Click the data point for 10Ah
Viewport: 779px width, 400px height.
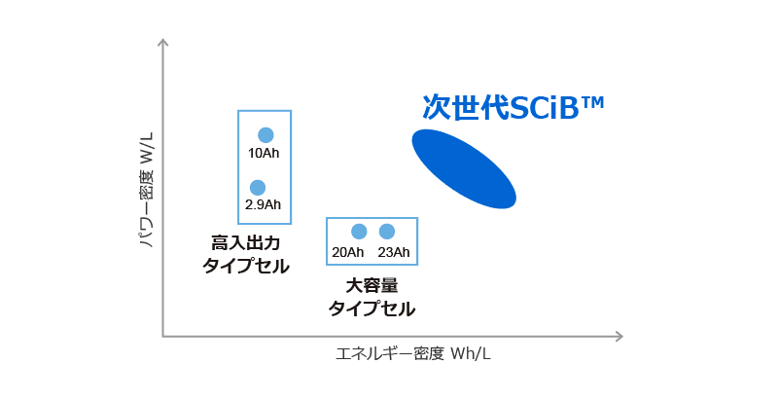click(266, 135)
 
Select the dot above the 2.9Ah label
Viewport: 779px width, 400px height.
click(258, 187)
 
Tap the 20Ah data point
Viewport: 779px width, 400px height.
click(359, 232)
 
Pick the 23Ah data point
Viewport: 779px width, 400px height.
click(386, 232)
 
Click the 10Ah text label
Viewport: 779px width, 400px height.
click(264, 153)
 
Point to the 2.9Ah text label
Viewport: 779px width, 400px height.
click(263, 204)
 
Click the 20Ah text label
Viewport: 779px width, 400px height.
click(348, 252)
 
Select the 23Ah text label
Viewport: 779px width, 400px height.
click(394, 252)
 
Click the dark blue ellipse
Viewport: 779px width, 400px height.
click(464, 168)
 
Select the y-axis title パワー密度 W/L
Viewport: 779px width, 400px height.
click(147, 190)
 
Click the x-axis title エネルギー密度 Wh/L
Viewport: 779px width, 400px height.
click(413, 354)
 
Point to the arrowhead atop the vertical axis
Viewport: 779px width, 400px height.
click(162, 42)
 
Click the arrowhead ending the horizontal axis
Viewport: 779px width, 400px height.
click(620, 337)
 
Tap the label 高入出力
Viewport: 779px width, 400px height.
click(245, 243)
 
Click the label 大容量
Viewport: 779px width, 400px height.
click(372, 286)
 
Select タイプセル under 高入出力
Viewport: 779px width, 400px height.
click(245, 266)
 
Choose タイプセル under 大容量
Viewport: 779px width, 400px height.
click(372, 309)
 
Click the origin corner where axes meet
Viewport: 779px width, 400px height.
click(163, 337)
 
